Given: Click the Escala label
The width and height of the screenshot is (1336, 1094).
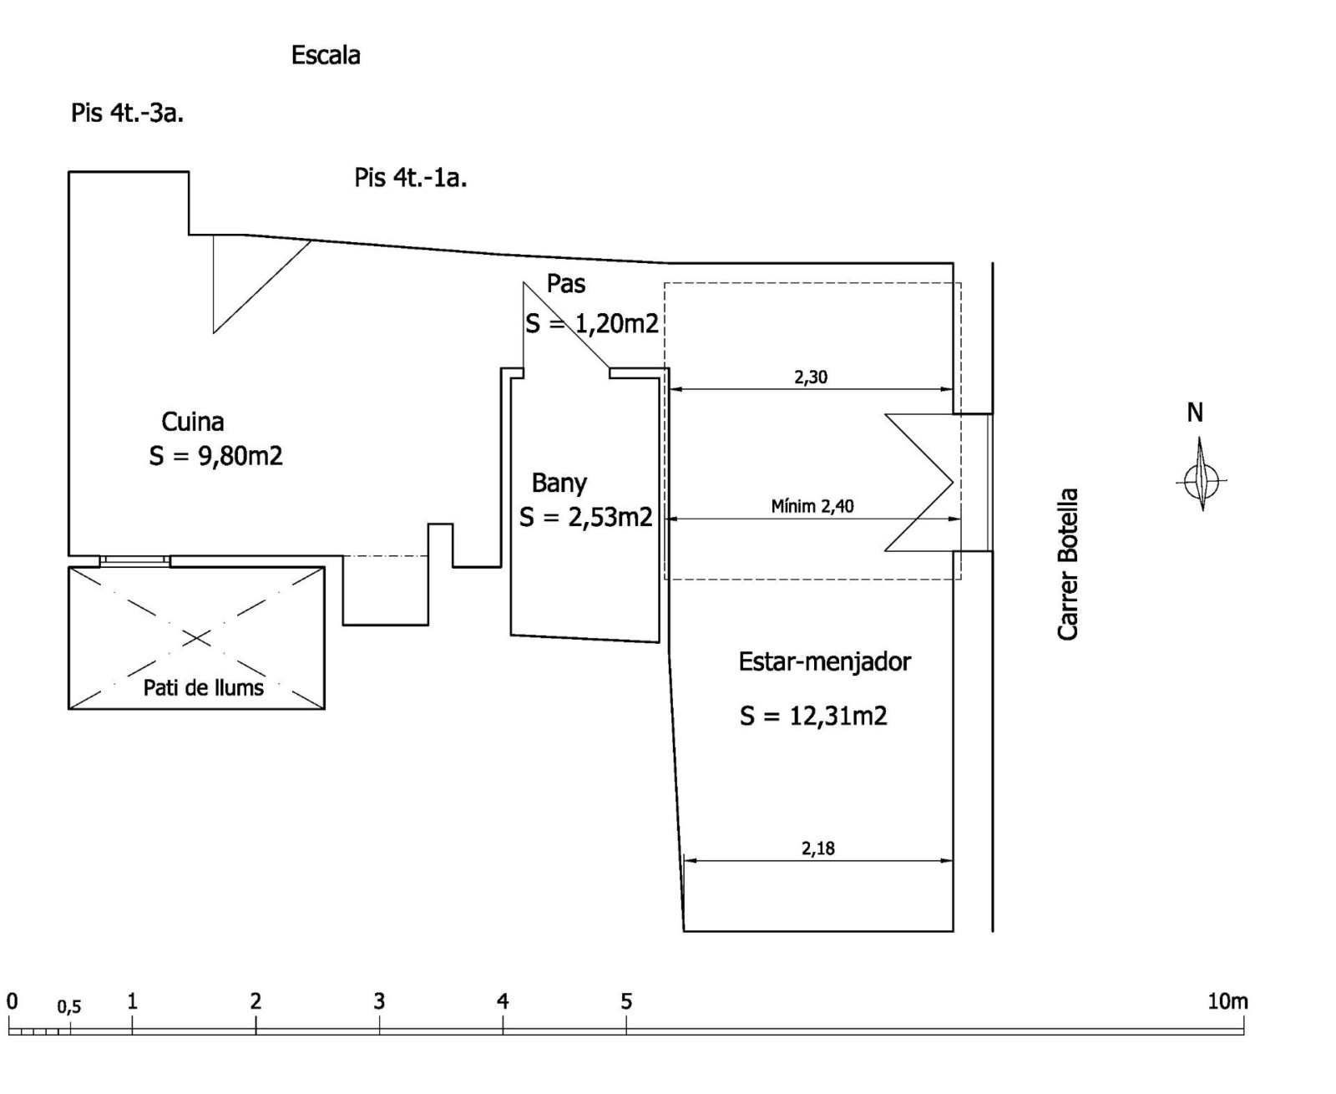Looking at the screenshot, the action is [x=326, y=56].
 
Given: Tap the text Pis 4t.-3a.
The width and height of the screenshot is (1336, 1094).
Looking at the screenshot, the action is [x=127, y=114].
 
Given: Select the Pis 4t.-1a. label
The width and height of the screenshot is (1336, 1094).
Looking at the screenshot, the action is [x=411, y=178].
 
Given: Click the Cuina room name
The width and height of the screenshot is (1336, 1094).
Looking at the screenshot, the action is [x=193, y=422].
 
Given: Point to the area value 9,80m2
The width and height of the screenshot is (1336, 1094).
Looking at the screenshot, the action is [x=240, y=456].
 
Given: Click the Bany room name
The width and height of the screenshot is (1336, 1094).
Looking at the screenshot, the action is [x=559, y=484].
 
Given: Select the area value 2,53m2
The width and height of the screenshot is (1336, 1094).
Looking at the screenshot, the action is [x=610, y=518].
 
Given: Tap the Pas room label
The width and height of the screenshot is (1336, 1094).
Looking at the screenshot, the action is [x=566, y=284].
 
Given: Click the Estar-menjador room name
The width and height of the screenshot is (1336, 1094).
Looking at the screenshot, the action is [x=825, y=662].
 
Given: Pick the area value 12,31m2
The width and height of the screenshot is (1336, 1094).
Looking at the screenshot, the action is [x=838, y=717].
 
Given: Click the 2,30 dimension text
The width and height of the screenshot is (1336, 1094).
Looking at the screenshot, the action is [x=811, y=377].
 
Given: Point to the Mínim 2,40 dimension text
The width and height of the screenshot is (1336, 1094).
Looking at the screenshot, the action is [x=812, y=506].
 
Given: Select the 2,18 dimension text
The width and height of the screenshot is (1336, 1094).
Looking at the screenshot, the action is [x=817, y=848].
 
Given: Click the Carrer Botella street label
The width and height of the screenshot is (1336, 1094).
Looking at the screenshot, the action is [x=1067, y=564].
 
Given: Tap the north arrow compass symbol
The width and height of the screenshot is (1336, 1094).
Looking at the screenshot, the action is [x=1201, y=474].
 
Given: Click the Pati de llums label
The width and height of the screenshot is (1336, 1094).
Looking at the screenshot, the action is [x=204, y=688].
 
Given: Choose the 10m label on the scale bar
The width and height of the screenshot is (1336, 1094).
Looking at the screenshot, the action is [x=1227, y=1001].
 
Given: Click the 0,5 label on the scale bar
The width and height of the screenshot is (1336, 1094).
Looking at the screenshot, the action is [x=69, y=1006].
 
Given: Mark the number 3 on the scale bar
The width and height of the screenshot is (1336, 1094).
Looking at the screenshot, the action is [x=379, y=1001].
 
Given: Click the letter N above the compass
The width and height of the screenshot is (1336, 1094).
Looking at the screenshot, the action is [x=1195, y=413].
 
